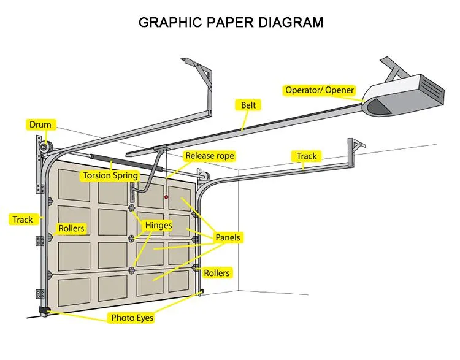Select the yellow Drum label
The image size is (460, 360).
tap(40, 125)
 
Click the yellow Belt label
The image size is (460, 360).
tap(248, 105)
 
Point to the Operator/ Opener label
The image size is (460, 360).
tap(320, 90)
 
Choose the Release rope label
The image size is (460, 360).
tap(210, 156)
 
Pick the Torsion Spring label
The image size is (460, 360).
tap(111, 176)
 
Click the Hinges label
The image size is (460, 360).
tap(158, 226)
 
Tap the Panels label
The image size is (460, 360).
tap(228, 237)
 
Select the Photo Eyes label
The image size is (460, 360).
tap(132, 318)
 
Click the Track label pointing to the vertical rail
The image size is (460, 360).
tap(23, 219)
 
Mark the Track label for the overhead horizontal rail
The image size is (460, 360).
tap(307, 156)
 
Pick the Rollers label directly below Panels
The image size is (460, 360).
tap(217, 272)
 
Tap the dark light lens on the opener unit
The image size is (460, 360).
tap(378, 107)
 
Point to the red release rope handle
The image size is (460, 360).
tap(166, 197)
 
